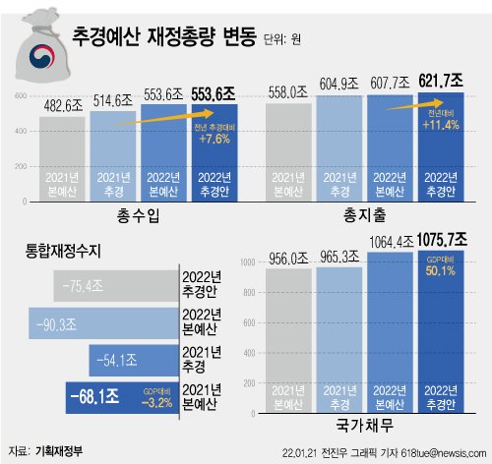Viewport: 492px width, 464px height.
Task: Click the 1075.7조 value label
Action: [441, 238]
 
